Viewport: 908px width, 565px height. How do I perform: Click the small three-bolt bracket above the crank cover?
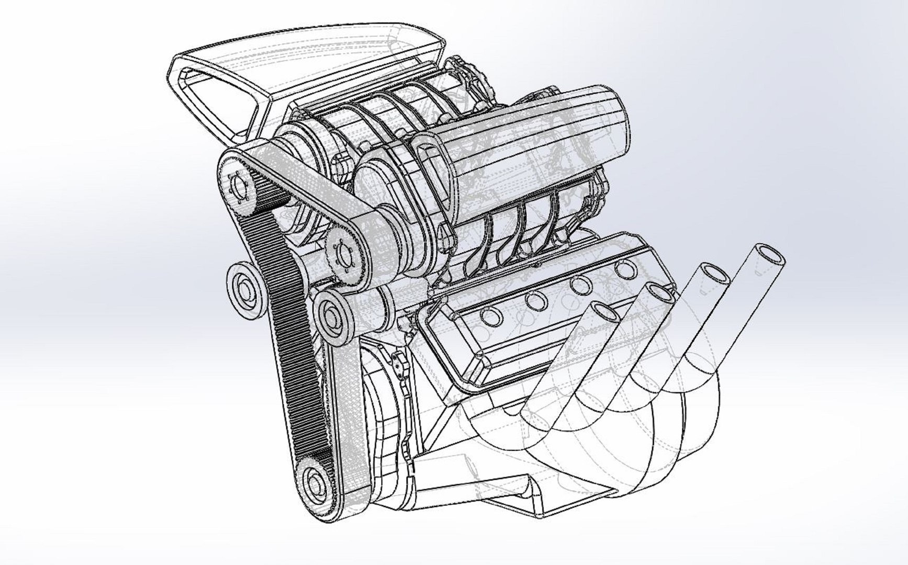[400, 364]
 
